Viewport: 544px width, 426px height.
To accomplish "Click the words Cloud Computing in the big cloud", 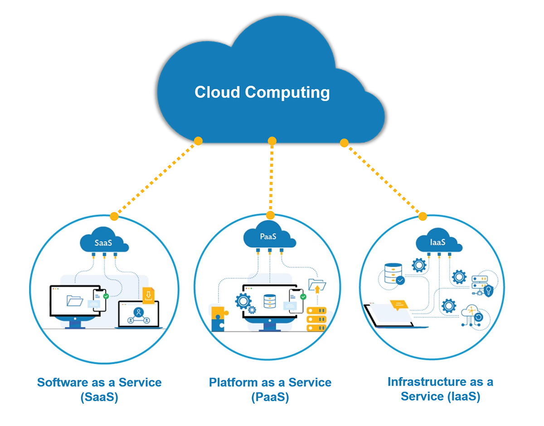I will pos(262,92).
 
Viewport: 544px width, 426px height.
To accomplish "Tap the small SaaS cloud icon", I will pos(103,243).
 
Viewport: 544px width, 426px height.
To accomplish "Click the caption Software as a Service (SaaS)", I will pos(99,389).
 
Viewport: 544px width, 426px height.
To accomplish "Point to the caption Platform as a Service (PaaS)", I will pos(270,389).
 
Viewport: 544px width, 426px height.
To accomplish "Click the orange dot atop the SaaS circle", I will pos(114,216).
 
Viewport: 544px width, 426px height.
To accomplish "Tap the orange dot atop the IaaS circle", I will pos(423,216).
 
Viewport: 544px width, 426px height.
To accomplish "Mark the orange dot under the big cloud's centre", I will pos(272,141).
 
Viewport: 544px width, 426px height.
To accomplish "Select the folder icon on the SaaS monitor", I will pos(74,300).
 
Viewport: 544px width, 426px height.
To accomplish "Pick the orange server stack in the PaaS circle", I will pos(316,320).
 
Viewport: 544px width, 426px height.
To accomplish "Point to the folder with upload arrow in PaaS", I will pos(317,285).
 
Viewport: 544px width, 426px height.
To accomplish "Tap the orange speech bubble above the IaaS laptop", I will pos(399,305).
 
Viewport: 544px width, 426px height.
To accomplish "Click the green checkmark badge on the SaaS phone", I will pos(106,296).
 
